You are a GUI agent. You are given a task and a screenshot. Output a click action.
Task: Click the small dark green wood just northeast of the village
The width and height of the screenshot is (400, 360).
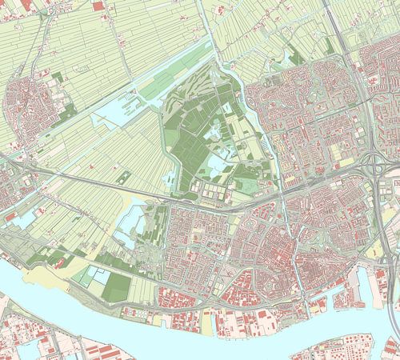click(x=58, y=78)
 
